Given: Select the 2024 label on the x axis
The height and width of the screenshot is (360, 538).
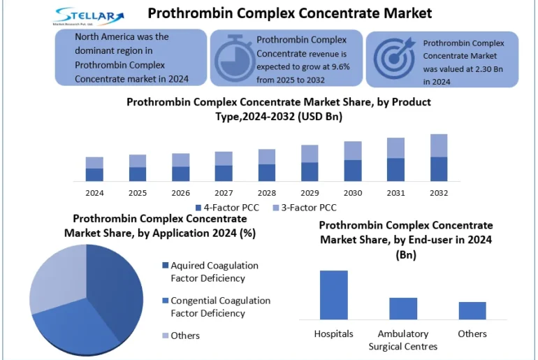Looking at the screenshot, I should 94,193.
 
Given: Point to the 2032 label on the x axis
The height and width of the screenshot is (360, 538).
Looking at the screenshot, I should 439,193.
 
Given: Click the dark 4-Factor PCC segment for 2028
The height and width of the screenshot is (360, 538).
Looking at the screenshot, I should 266,173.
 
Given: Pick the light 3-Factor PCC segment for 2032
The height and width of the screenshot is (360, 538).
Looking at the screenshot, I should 439,145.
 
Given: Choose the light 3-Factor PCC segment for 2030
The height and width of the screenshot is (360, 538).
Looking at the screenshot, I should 353,151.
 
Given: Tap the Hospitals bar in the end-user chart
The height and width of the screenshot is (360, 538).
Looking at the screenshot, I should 333,294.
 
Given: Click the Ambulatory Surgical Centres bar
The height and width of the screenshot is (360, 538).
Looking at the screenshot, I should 402,308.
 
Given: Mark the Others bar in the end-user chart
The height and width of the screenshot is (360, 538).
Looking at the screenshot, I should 472,310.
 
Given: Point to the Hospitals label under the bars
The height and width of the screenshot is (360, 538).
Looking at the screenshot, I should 333,333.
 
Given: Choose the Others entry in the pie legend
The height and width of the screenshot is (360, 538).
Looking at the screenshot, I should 185,336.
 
